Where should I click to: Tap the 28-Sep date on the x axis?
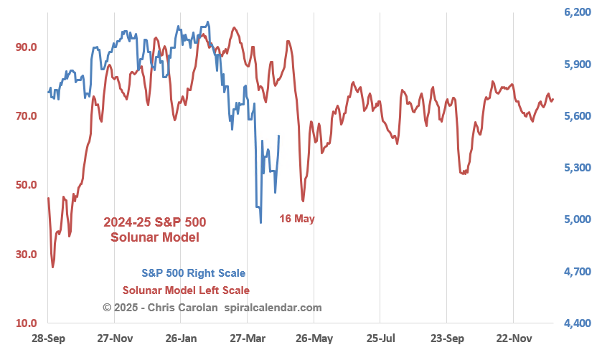click(x=47, y=338)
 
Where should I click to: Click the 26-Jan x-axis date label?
click(x=181, y=338)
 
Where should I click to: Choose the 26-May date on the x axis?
click(x=314, y=338)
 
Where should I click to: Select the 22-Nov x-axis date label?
click(x=514, y=338)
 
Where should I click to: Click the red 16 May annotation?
click(x=297, y=219)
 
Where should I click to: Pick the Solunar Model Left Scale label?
click(x=186, y=290)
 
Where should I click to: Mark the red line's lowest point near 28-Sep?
click(x=52, y=267)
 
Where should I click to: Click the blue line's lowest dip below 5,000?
click(x=260, y=222)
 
